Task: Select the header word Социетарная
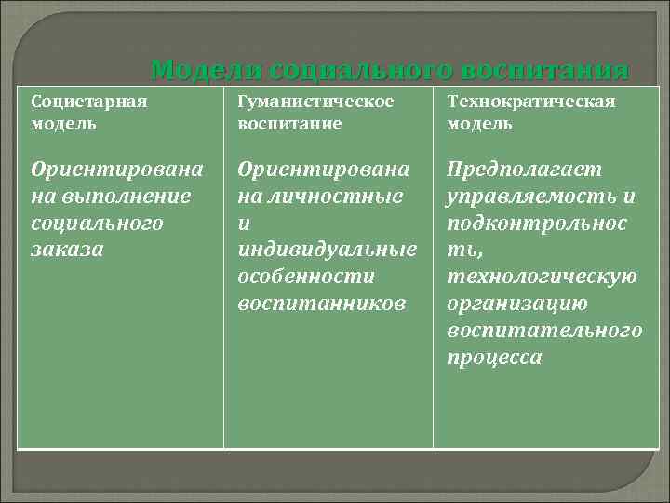(x=90, y=101)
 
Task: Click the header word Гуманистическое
(x=315, y=101)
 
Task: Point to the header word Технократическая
(x=531, y=101)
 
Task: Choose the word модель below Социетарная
(x=62, y=123)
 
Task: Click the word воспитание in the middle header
(x=289, y=123)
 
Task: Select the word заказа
(x=67, y=250)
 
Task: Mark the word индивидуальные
(x=327, y=250)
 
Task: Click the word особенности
(x=306, y=277)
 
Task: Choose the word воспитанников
(x=322, y=304)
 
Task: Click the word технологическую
(x=543, y=277)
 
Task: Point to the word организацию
(x=517, y=304)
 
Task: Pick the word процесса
(x=494, y=358)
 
